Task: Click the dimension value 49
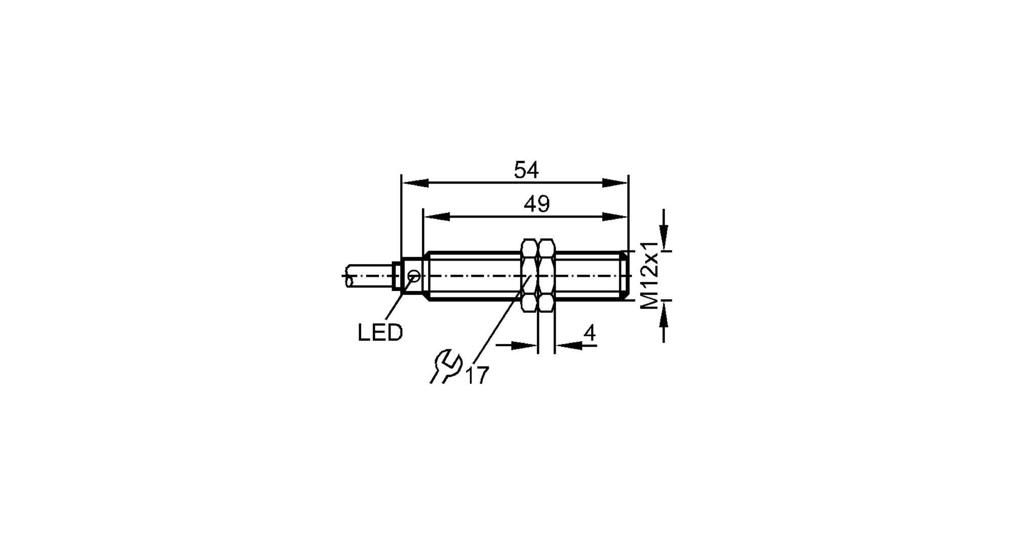tap(536, 204)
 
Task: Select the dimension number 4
tap(590, 334)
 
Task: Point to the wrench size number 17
tap(477, 376)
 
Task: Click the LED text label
tap(380, 333)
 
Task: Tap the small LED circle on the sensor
tap(414, 276)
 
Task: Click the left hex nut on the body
tap(529, 276)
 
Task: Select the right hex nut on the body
tap(546, 276)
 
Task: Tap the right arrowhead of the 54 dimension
tap(615, 183)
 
